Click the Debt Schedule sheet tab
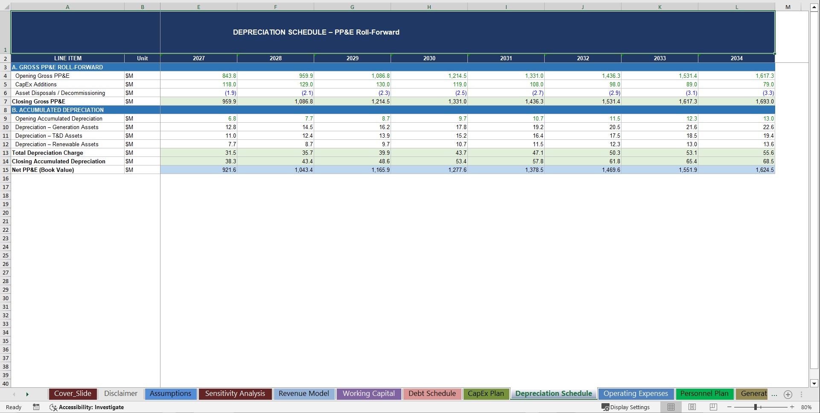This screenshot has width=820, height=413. click(432, 394)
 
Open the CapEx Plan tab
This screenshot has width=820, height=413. click(486, 394)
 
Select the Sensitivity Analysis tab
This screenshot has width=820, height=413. click(235, 394)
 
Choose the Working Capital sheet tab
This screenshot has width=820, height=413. click(368, 394)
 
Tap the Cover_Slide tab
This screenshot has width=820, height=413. click(73, 394)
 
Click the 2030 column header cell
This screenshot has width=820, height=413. click(429, 58)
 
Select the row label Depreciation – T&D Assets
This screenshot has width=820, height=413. click(49, 136)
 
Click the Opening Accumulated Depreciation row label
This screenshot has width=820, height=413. click(59, 118)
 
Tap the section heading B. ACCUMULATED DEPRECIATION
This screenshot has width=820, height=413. click(58, 110)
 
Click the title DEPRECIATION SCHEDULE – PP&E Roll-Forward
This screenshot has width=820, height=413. click(316, 32)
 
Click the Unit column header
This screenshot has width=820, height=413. click(142, 58)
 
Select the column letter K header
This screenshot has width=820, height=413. click(660, 7)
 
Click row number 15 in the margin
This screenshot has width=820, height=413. click(6, 170)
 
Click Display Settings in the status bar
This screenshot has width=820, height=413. click(626, 407)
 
